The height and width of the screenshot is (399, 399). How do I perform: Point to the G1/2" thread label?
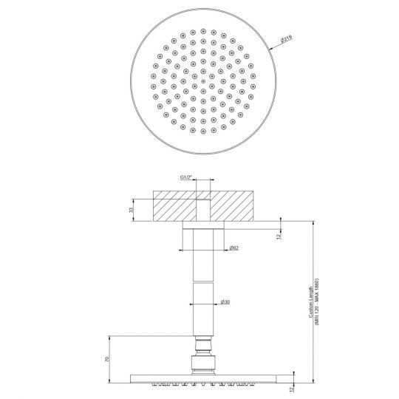coord(188,178)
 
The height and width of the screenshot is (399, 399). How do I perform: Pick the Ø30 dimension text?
coord(225,301)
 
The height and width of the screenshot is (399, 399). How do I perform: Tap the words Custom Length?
coord(311,302)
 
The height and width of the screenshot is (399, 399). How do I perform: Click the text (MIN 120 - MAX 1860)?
coord(318,302)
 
